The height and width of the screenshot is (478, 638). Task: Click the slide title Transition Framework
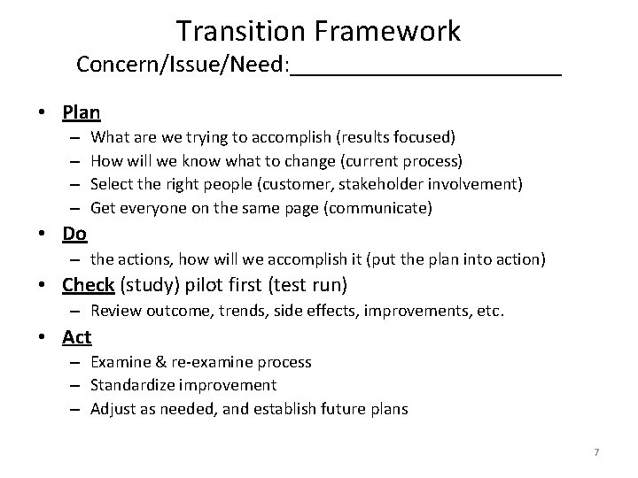[x=318, y=31]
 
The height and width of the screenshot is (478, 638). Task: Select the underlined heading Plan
[x=82, y=112]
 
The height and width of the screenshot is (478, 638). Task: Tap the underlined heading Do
[x=75, y=234]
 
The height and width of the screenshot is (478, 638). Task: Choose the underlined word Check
[x=88, y=285]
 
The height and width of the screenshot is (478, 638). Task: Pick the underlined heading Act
[x=77, y=336]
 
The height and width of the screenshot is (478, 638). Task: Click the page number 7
[x=596, y=452]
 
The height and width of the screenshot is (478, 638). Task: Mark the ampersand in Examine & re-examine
[x=159, y=361]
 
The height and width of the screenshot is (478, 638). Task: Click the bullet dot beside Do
[x=43, y=235]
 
